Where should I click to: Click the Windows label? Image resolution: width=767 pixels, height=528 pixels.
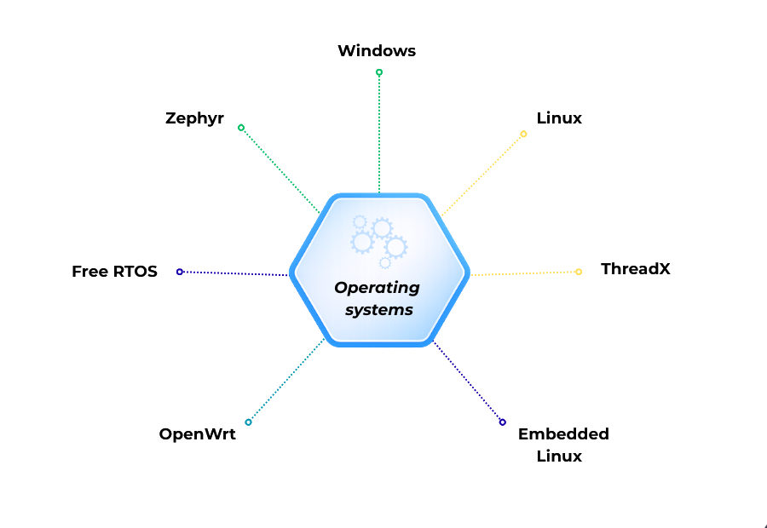click(377, 51)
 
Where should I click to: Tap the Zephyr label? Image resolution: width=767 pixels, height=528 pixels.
click(194, 118)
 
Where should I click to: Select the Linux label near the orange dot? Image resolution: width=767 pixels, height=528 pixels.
click(560, 118)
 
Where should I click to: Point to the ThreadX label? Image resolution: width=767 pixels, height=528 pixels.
click(635, 269)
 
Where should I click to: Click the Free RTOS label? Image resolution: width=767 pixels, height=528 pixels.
click(115, 272)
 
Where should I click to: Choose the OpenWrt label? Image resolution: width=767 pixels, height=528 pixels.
click(197, 434)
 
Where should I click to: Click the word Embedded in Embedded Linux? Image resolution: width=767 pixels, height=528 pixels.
click(563, 434)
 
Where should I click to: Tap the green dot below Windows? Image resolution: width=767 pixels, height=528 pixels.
click(379, 72)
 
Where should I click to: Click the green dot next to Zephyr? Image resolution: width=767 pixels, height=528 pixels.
click(241, 128)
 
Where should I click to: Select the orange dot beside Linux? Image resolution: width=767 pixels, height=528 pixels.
click(523, 134)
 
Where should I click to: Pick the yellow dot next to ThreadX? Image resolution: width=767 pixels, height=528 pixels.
click(579, 272)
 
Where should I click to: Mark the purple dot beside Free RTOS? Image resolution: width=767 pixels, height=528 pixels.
click(180, 272)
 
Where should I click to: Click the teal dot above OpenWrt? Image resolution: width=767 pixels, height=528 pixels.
click(248, 422)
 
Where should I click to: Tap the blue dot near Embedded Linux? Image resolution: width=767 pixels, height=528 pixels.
click(502, 422)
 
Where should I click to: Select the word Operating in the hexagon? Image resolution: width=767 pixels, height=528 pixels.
click(377, 288)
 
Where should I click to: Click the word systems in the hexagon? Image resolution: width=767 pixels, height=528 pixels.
click(378, 310)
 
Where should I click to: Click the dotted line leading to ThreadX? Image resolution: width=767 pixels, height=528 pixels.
click(524, 273)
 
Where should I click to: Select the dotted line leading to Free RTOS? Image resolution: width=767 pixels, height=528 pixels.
click(234, 273)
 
